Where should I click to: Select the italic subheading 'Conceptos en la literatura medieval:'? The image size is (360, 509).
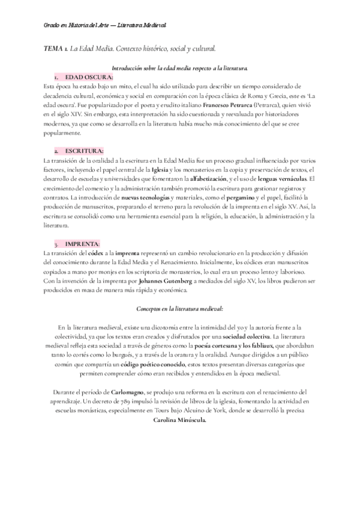pos(180,309)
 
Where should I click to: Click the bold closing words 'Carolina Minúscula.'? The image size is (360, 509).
pos(179,420)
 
